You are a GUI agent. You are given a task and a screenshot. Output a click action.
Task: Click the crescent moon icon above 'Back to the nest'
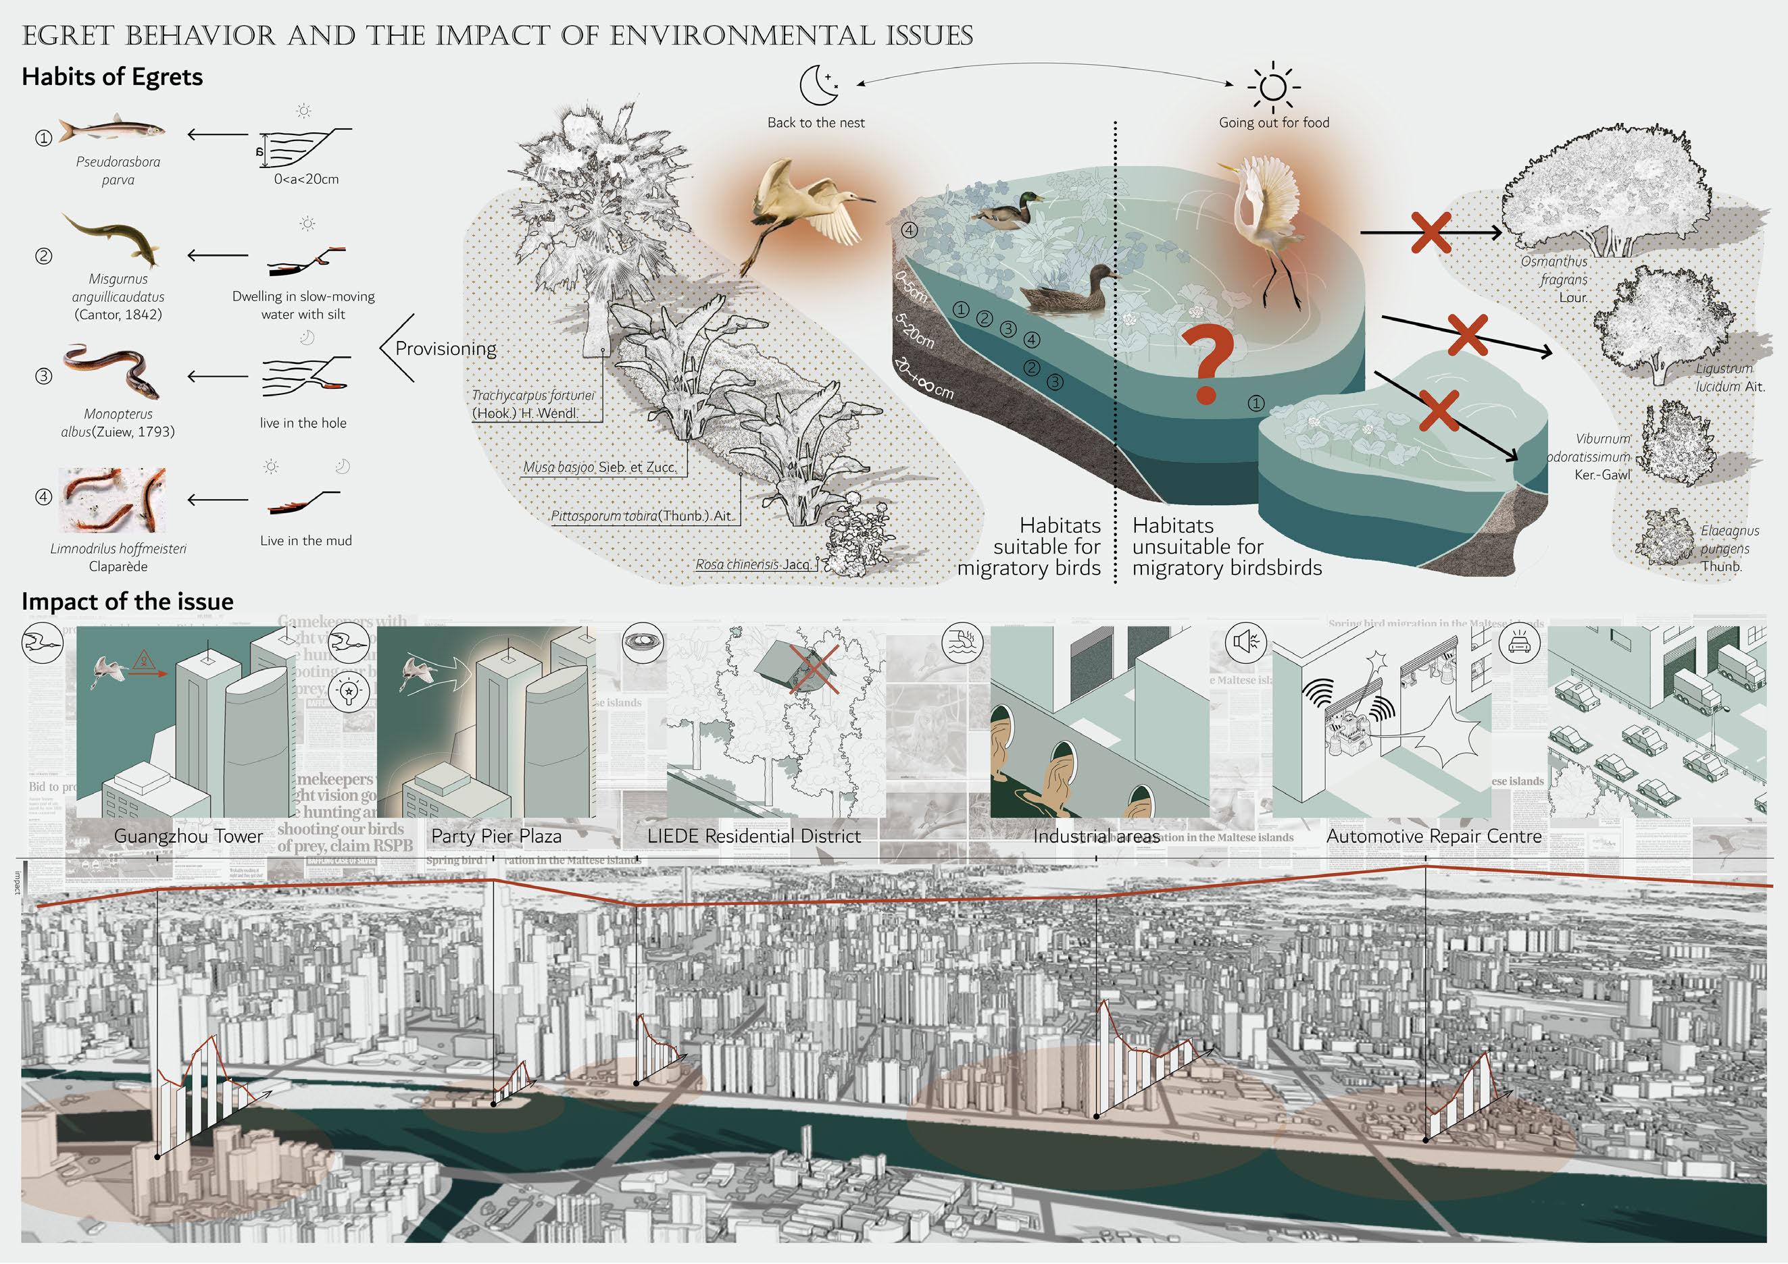coord(819,84)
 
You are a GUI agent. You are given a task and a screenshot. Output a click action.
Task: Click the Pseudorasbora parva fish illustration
coord(112,131)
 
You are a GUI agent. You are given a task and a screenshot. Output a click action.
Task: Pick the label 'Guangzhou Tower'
coord(189,837)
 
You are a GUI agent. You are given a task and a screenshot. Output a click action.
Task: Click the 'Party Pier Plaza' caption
coord(496,837)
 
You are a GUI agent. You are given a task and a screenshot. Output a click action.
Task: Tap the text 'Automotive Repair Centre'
coord(1434,837)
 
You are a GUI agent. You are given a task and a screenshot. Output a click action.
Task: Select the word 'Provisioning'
coord(445,348)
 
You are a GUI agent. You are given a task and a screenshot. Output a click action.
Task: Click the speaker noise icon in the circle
coord(1245,642)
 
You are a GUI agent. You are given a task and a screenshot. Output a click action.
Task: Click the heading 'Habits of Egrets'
coord(112,77)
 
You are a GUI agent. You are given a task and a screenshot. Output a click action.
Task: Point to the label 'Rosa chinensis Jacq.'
coord(752,564)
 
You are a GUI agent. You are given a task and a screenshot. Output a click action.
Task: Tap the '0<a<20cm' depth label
coord(306,179)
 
